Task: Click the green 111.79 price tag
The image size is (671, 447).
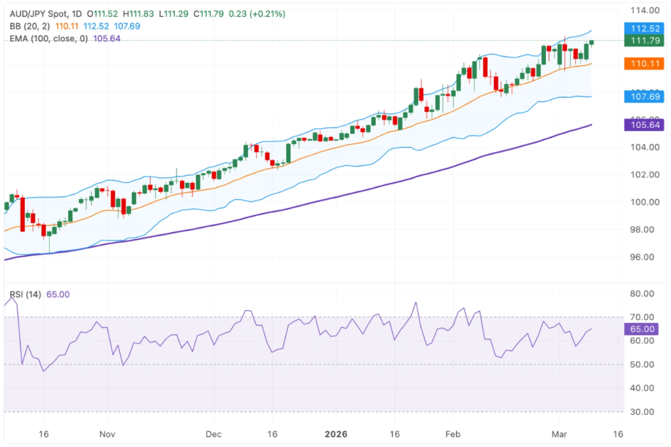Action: [645, 41]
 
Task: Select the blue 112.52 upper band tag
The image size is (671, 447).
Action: [645, 29]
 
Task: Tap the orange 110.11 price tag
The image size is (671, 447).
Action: [645, 64]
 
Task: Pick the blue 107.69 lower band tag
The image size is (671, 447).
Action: [645, 96]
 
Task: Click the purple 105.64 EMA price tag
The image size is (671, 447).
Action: [645, 125]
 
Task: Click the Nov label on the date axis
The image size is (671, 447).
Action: [108, 434]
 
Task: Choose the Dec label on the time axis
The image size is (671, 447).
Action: [214, 434]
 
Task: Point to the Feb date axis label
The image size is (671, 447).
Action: [453, 434]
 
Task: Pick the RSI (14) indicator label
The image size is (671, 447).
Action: [26, 295]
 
